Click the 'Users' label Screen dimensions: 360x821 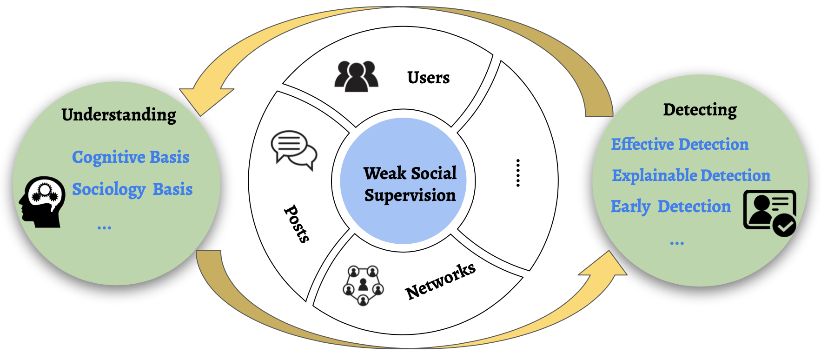pyautogui.click(x=428, y=78)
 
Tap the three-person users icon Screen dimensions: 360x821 pyautogui.click(x=356, y=76)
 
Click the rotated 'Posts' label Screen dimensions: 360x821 pyautogui.click(x=297, y=224)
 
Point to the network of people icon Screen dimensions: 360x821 pyautogui.click(x=363, y=285)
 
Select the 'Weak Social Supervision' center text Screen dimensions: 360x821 pyautogui.click(x=410, y=184)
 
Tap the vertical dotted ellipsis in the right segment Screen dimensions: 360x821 pyautogui.click(x=518, y=173)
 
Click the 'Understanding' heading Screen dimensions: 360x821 pyautogui.click(x=119, y=115)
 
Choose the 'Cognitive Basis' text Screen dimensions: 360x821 pyautogui.click(x=131, y=157)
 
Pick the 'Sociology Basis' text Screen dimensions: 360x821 pyautogui.click(x=132, y=189)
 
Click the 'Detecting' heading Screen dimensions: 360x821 pyautogui.click(x=700, y=110)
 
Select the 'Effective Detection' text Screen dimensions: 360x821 pyautogui.click(x=680, y=145)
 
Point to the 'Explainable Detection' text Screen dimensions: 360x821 pyautogui.click(x=691, y=176)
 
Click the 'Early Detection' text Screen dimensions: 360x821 pyautogui.click(x=670, y=207)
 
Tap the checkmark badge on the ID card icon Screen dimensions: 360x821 pyautogui.click(x=784, y=226)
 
